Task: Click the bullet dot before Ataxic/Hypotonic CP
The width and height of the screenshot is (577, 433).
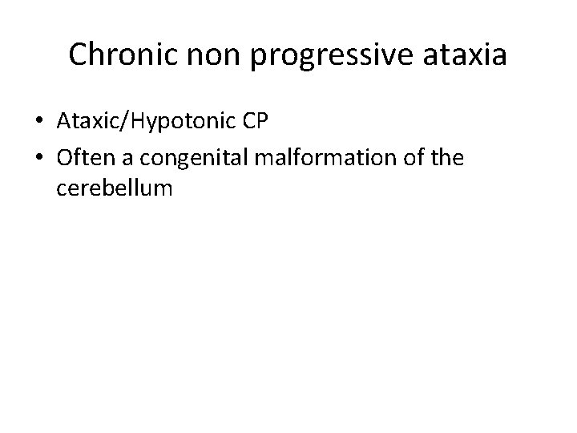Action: pos(39,122)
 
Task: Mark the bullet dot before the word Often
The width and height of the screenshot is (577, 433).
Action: pos(39,158)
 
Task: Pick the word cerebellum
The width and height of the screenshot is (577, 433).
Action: pos(115,189)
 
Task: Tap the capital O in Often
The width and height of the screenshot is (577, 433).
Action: pos(65,158)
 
